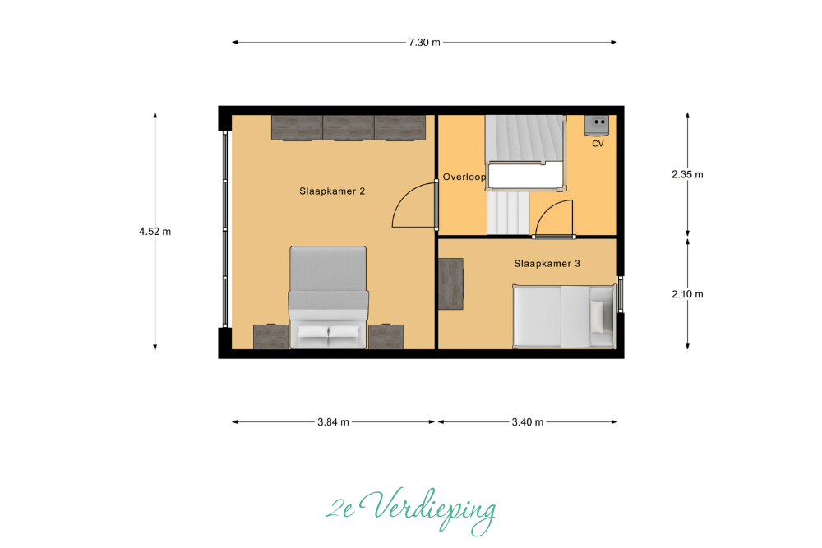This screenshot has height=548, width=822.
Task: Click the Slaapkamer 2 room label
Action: click(332, 191)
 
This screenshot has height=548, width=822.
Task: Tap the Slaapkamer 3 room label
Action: click(547, 264)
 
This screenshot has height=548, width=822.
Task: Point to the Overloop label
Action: click(464, 177)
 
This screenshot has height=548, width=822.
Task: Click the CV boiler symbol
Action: click(597, 126)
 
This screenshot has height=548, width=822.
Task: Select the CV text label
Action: click(598, 144)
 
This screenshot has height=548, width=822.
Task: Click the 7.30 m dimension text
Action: click(424, 43)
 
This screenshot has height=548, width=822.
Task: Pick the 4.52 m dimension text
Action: click(155, 231)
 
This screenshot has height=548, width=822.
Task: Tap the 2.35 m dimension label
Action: click(687, 174)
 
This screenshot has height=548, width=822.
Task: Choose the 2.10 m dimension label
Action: click(687, 294)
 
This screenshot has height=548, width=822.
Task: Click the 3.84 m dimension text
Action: click(333, 421)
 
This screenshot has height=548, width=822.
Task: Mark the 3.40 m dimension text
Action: click(528, 421)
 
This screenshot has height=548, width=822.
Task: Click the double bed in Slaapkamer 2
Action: click(328, 297)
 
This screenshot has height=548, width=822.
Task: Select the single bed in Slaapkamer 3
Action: click(564, 316)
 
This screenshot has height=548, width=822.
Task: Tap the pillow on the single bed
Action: click(597, 316)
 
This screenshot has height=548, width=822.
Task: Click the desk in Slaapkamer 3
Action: click(450, 283)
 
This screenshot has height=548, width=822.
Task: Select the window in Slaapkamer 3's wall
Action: click(620, 294)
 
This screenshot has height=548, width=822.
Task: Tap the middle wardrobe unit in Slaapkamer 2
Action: click(348, 128)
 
